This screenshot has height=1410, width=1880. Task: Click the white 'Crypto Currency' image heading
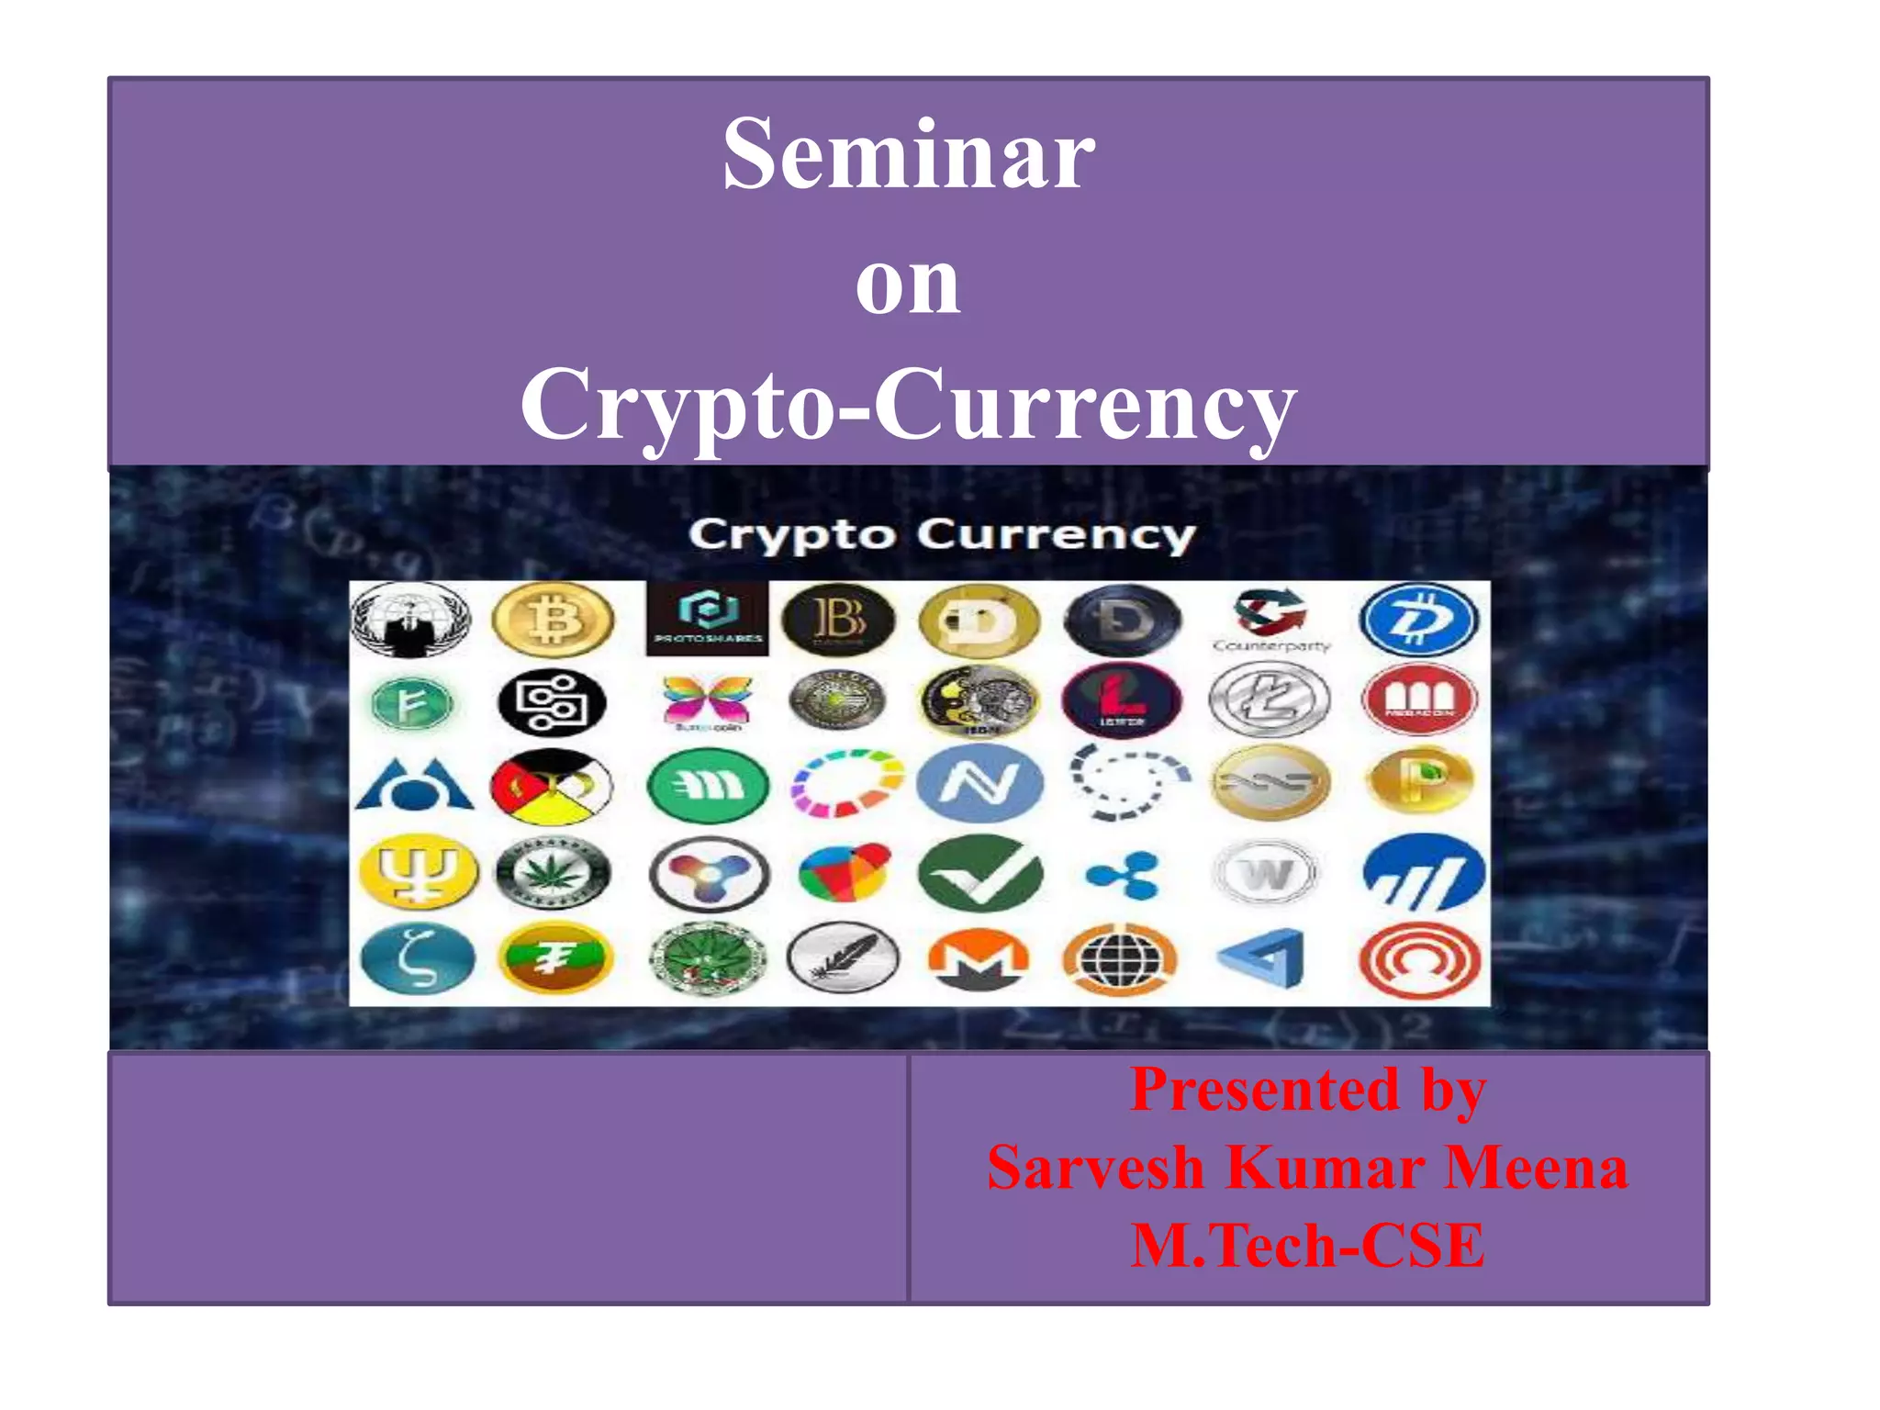tap(942, 534)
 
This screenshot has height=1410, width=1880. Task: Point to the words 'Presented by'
tap(1307, 1091)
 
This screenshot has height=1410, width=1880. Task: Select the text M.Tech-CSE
tap(1307, 1246)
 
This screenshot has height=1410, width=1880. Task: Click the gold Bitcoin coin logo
tap(553, 620)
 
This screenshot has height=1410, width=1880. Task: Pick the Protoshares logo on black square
tap(707, 617)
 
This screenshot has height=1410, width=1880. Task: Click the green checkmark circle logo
tap(979, 873)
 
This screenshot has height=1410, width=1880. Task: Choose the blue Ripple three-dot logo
tap(1122, 874)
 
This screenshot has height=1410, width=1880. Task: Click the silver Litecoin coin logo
tap(1270, 700)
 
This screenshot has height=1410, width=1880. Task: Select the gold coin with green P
tap(1419, 781)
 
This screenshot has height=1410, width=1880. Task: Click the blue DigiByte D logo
tap(1419, 621)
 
